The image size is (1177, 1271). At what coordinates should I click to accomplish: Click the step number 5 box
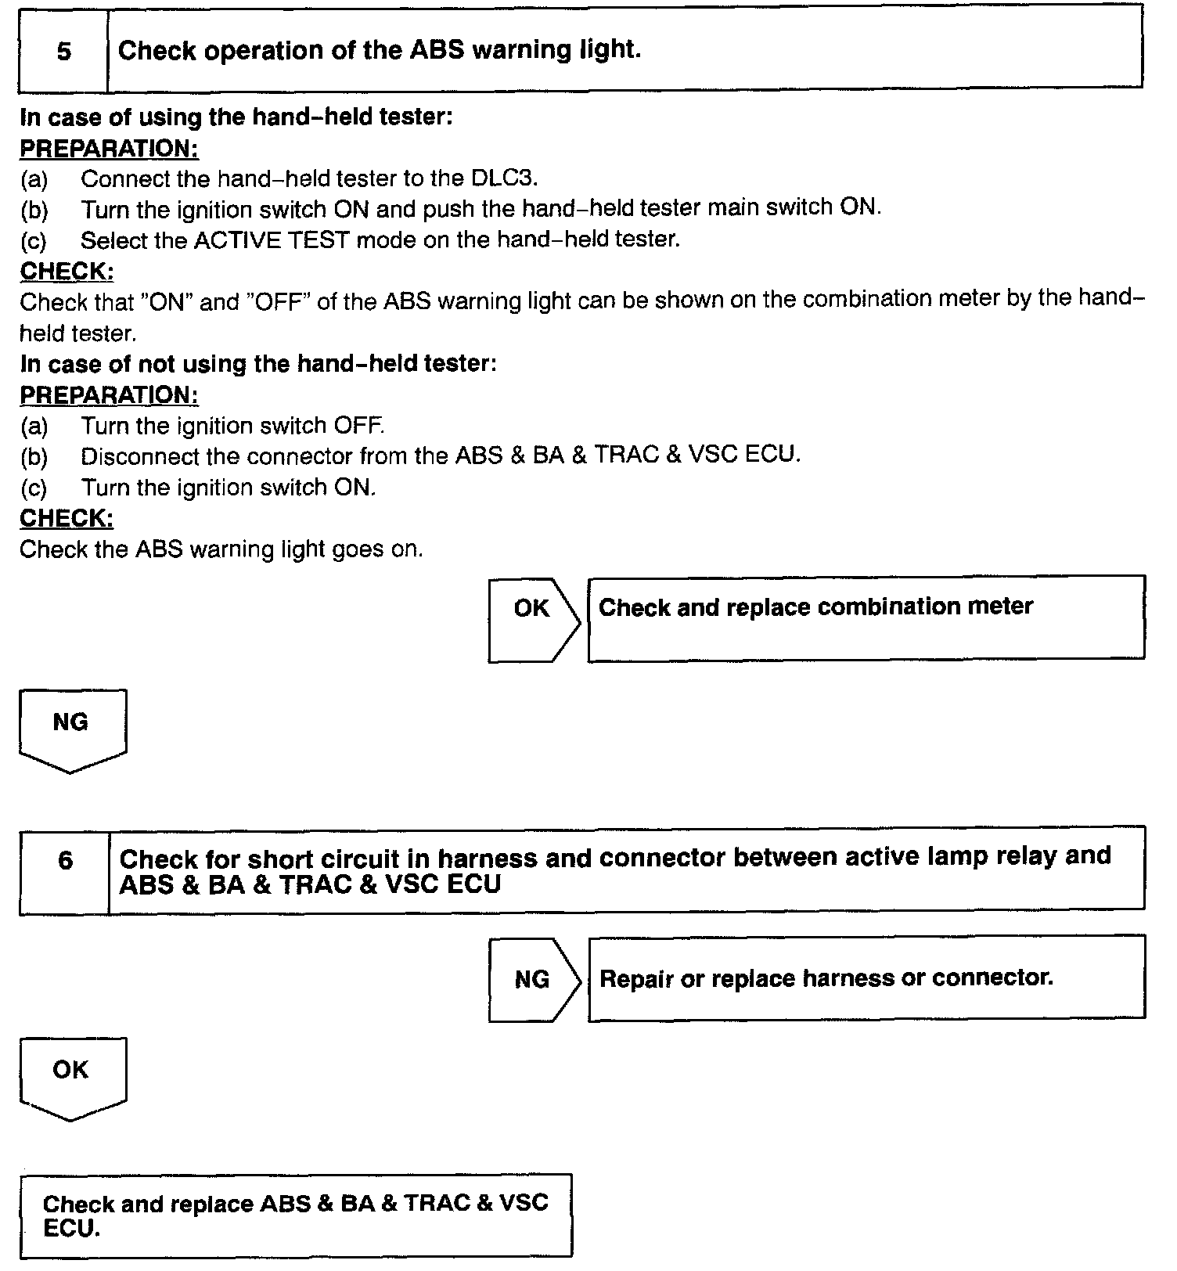coord(63,52)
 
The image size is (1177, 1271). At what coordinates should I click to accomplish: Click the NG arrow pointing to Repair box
coord(533,980)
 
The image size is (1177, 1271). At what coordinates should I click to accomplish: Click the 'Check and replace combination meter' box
coord(866,617)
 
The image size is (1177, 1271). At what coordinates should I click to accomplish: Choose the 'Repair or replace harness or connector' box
coord(866,978)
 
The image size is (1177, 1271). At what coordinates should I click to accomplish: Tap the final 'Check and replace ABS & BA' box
coord(296,1215)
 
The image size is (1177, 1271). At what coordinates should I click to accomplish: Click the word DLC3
coord(503,178)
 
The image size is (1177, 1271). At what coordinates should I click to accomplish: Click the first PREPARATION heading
coord(109,148)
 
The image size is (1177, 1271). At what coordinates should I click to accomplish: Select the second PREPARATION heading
coord(109,395)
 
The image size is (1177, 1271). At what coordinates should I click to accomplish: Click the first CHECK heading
coord(67,272)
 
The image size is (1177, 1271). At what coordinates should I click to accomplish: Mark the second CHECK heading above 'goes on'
coord(67,518)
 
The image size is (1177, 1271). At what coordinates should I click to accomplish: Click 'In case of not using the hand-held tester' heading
coord(258,364)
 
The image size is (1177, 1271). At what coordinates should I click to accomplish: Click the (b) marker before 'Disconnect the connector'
coord(34,456)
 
